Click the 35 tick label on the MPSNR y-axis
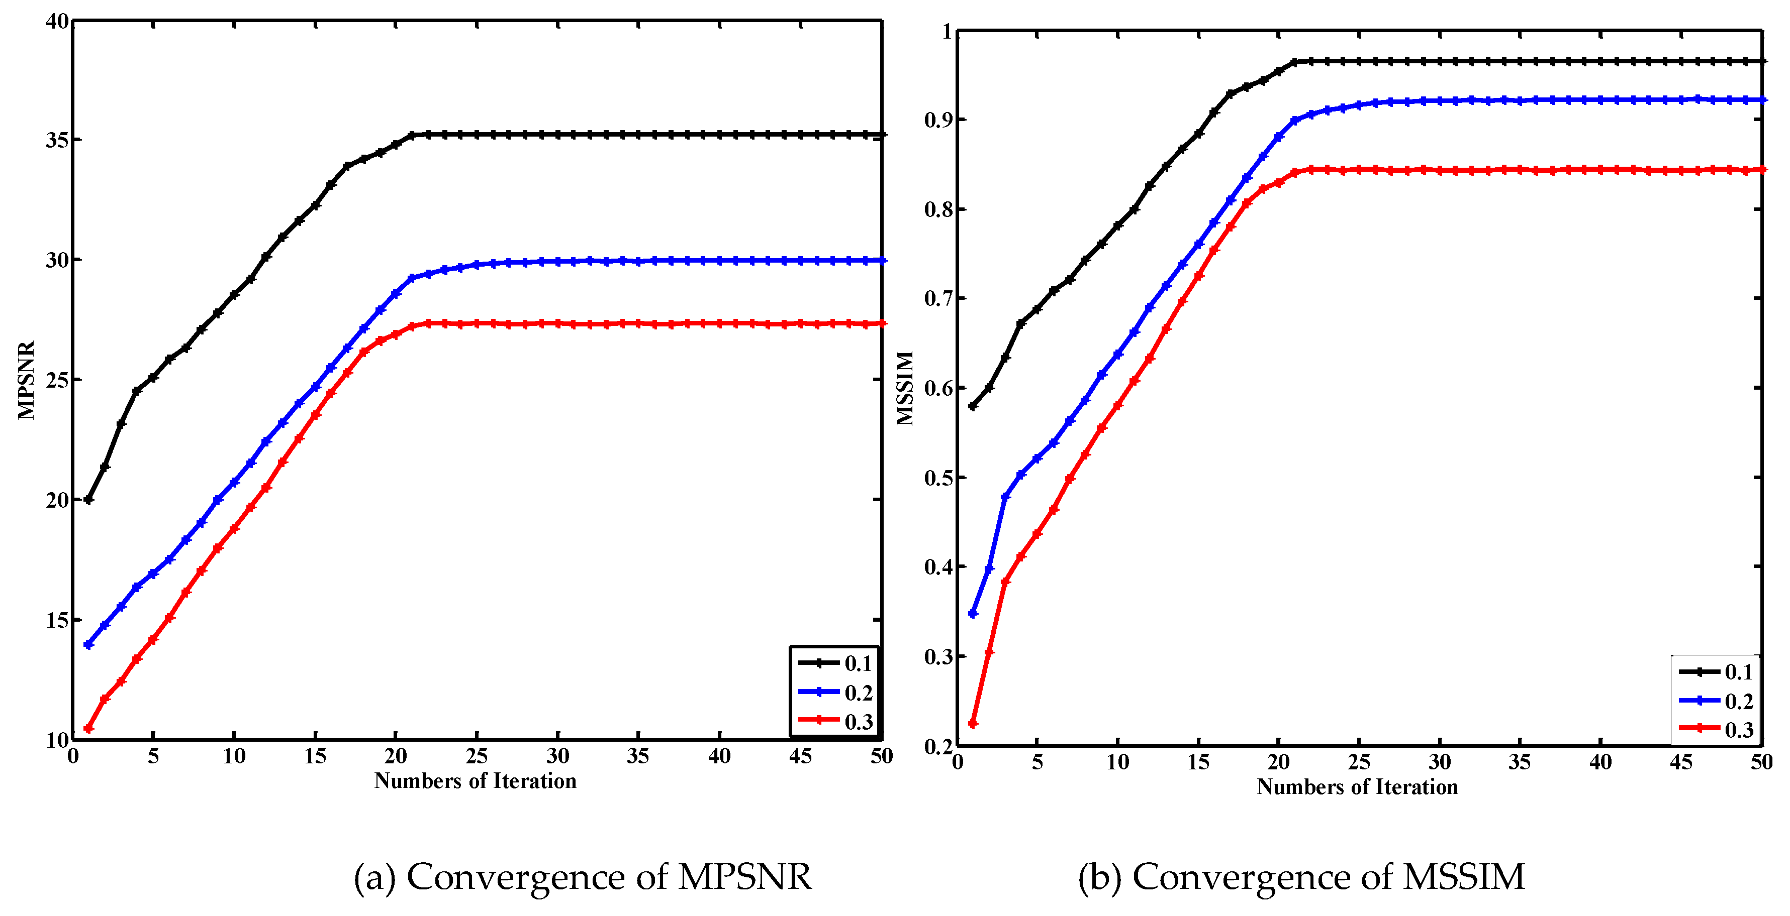tap(57, 140)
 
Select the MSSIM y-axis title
tap(905, 388)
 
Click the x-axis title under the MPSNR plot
tap(476, 781)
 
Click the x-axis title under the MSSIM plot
tap(1357, 787)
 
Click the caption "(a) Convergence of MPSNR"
tap(582, 876)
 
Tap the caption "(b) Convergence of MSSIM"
tap(1301, 876)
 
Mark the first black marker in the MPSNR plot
tap(88, 500)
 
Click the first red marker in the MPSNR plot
tap(88, 729)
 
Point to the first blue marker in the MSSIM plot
tap(973, 614)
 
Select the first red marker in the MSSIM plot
tap(973, 724)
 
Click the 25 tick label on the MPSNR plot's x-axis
tap(477, 756)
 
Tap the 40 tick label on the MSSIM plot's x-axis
tap(1600, 762)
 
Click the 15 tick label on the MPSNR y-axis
tap(57, 620)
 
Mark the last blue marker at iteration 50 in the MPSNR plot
tap(882, 261)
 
